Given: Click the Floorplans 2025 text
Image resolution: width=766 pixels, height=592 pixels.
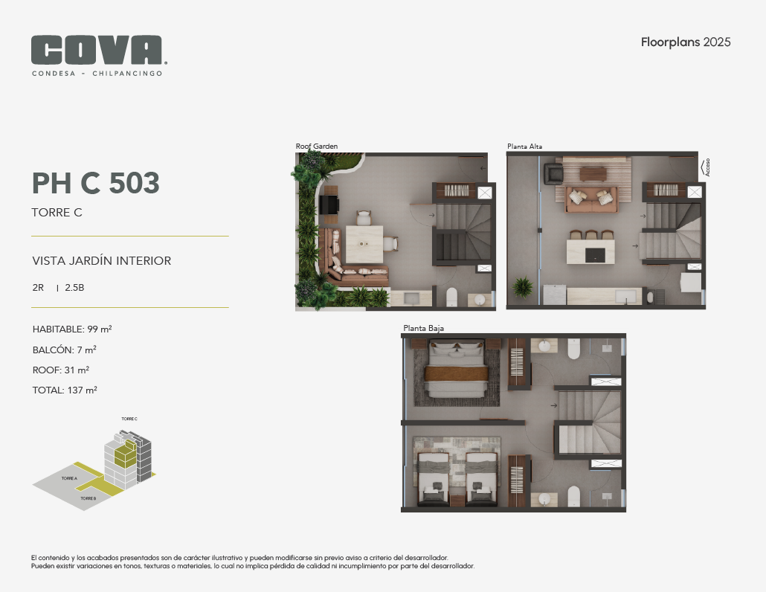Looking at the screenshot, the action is coord(686,42).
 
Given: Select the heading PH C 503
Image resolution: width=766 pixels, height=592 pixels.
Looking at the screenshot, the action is coord(96,183).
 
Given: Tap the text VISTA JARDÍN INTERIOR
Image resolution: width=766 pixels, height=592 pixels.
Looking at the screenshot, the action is coord(102,260).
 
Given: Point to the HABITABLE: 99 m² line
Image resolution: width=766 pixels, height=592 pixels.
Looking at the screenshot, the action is coord(72,329).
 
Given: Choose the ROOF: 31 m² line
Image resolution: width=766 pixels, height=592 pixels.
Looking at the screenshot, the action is coord(61,370).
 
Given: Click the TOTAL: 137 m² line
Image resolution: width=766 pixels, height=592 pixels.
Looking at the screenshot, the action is coord(65,390).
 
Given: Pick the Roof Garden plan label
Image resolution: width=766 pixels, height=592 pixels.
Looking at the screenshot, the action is coord(317,146).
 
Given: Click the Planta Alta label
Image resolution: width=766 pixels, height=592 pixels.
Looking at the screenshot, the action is coord(524,146).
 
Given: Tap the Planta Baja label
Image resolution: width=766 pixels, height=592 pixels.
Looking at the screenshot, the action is coord(424,328).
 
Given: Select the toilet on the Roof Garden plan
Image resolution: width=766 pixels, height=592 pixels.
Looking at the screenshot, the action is coord(452,297).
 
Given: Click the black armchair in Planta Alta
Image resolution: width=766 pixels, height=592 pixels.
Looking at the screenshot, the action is coord(554,174).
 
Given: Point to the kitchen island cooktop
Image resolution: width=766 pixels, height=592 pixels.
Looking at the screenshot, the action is coord(595,255).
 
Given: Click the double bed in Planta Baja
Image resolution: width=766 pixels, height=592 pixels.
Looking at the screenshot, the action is coord(457,370).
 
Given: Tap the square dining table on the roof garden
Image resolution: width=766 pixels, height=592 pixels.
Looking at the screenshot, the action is coord(364,244).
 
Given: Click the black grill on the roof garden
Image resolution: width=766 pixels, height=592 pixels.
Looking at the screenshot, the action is coord(329,205).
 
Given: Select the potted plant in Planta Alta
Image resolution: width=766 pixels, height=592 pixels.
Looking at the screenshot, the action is coord(523,287).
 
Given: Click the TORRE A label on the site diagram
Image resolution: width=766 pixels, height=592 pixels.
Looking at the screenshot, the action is coord(69,478).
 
